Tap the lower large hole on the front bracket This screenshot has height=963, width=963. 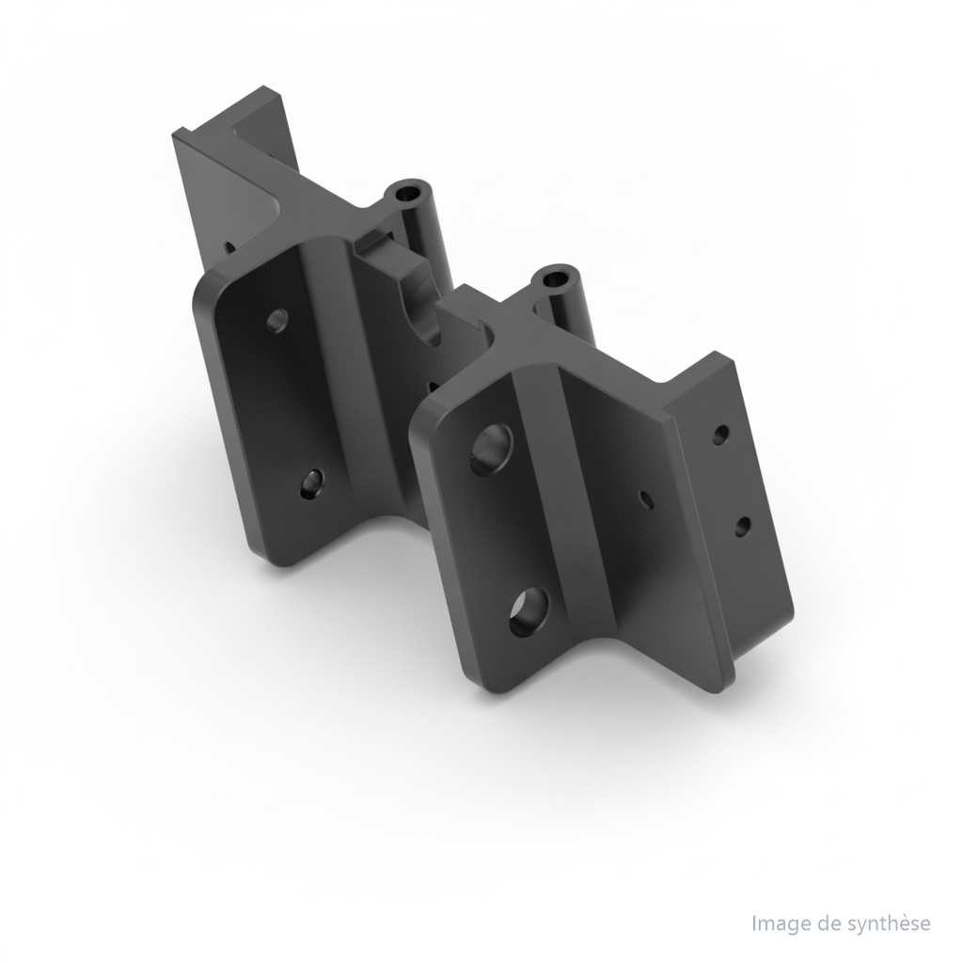coord(529,610)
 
